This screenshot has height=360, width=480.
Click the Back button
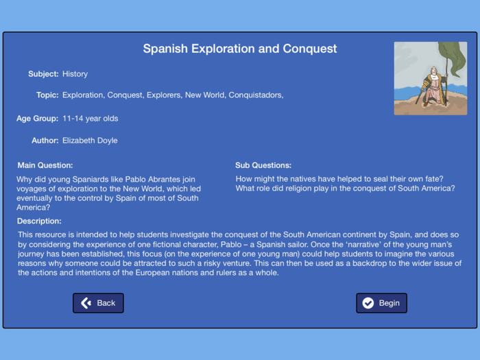point(98,303)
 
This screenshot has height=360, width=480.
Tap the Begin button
point(381,303)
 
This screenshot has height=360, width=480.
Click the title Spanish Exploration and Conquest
point(240,49)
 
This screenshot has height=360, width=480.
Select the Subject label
point(43,74)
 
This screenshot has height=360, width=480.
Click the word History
point(75,74)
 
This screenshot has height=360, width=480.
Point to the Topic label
point(47,95)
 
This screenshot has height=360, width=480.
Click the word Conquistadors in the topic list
point(256,95)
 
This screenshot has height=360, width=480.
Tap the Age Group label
point(37,119)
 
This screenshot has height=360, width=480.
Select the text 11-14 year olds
point(90,119)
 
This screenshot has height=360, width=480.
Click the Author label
point(45,141)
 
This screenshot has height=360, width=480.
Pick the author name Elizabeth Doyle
point(90,141)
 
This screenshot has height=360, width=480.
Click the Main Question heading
point(45,165)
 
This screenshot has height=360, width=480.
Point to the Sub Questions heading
point(263,165)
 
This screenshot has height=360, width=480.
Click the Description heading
point(39,221)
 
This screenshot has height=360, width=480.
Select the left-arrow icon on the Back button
point(86,303)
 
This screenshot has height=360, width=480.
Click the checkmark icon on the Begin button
point(368,303)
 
